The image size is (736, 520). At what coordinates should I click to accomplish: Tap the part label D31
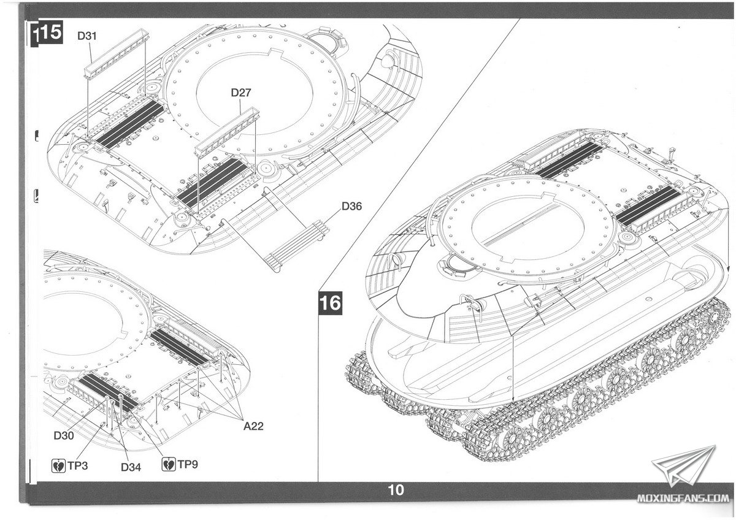[87, 36]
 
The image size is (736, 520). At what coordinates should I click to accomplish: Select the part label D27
[241, 93]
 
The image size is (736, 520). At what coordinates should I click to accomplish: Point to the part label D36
[351, 206]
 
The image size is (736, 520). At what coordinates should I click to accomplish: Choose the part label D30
[64, 435]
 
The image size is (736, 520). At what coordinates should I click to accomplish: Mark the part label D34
[131, 467]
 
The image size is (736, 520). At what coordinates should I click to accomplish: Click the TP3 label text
[78, 465]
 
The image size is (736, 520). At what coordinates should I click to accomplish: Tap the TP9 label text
[188, 465]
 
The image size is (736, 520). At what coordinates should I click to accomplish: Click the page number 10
[396, 490]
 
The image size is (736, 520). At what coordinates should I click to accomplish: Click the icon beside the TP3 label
[58, 465]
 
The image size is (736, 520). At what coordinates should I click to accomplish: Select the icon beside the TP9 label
[167, 465]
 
